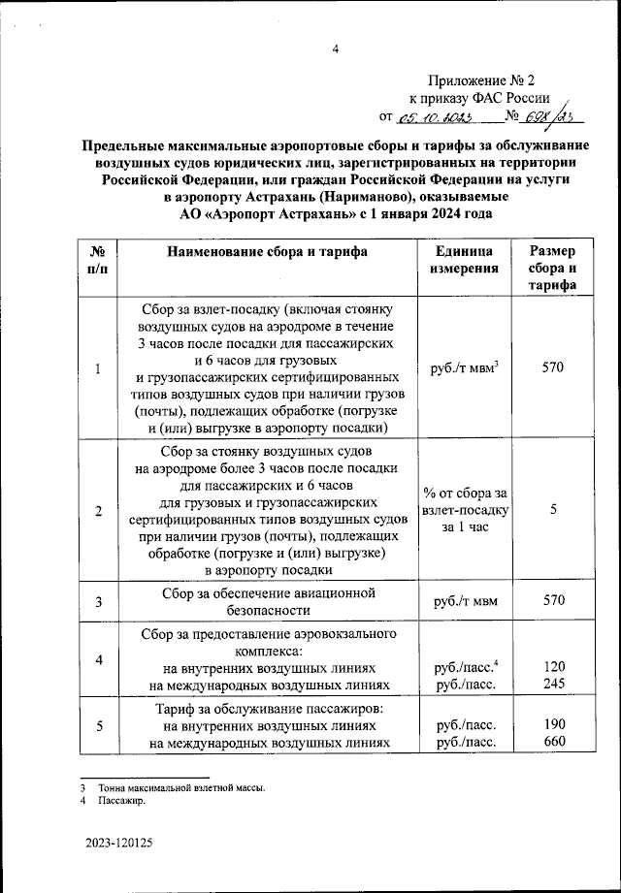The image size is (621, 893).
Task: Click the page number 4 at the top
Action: tap(334, 50)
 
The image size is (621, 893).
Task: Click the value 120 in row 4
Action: tap(553, 668)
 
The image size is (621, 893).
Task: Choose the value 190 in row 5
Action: tap(553, 725)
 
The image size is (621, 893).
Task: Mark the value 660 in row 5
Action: tap(553, 743)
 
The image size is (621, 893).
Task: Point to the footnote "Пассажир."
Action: tap(120, 801)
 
